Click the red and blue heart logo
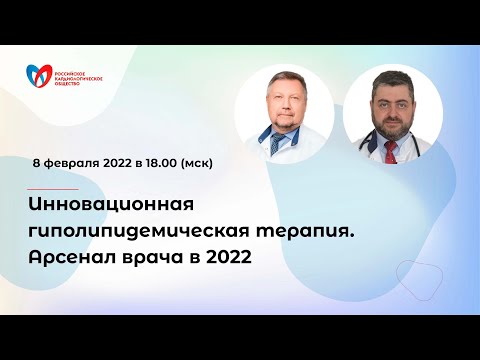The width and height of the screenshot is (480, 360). pyautogui.click(x=40, y=75)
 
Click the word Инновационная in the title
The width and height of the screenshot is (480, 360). pyautogui.click(x=110, y=204)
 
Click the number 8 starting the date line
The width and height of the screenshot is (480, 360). pyautogui.click(x=36, y=160)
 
